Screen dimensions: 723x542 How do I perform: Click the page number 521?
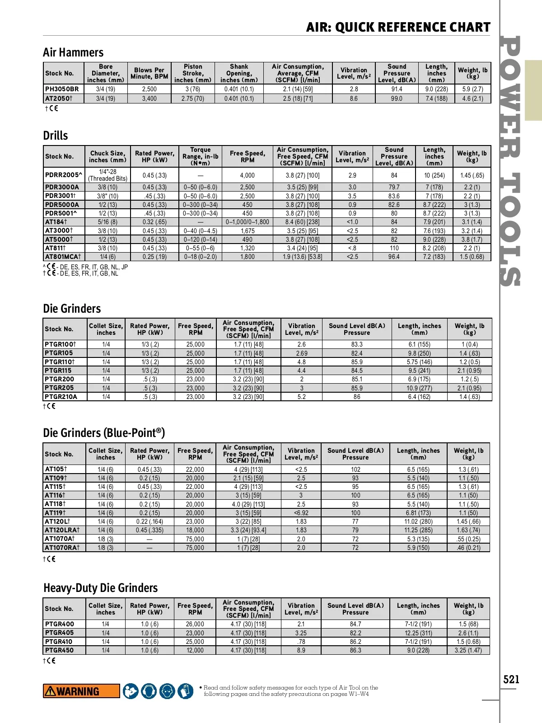click(x=511, y=679)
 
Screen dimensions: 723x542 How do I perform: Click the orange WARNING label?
click(x=81, y=691)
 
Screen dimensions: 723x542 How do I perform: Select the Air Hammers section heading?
click(x=73, y=52)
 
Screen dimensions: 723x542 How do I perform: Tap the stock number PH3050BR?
click(x=62, y=89)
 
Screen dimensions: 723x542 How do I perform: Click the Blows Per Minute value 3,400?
click(x=149, y=99)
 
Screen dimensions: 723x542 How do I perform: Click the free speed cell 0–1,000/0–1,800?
click(x=247, y=222)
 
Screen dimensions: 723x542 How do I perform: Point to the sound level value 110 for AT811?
click(x=394, y=248)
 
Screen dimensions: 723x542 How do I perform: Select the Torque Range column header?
click(x=200, y=156)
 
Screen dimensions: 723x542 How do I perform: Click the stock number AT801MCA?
click(x=63, y=257)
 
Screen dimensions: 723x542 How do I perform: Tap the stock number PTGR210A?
click(x=61, y=397)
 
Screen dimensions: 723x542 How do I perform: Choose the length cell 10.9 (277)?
click(x=419, y=388)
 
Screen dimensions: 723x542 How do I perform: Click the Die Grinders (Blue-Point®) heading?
click(x=104, y=433)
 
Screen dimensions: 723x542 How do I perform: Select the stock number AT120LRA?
click(x=62, y=530)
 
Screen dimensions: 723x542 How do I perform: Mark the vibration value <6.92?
click(x=301, y=513)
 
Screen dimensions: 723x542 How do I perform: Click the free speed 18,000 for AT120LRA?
click(x=195, y=530)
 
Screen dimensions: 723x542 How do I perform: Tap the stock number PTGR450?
click(x=59, y=650)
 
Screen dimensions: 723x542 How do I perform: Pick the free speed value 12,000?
click(x=195, y=650)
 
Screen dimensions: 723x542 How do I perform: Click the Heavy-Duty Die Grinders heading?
click(x=100, y=588)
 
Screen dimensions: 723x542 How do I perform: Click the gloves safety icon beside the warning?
click(x=185, y=691)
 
